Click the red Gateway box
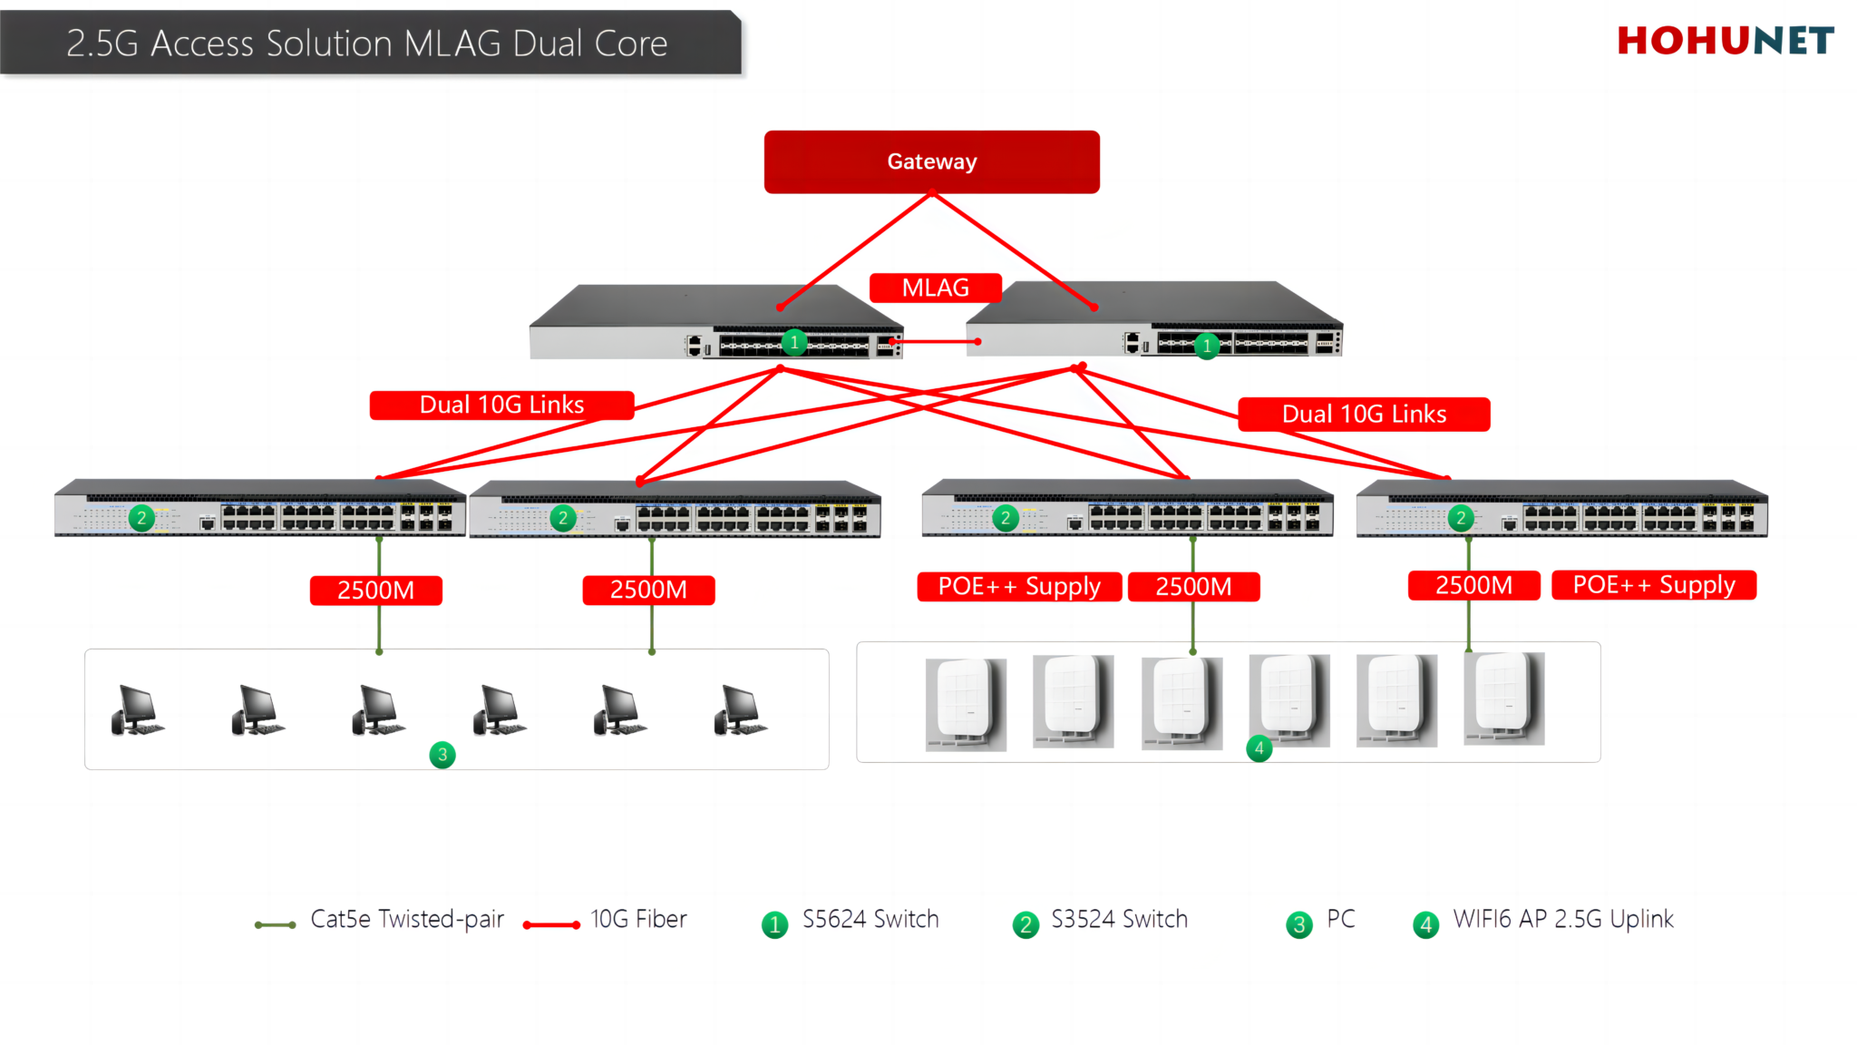(x=931, y=161)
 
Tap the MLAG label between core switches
(x=935, y=288)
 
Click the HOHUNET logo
(x=1725, y=41)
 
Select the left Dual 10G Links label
(x=501, y=405)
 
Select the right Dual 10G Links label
(x=1364, y=415)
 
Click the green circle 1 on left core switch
(x=794, y=342)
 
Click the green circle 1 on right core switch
(x=1207, y=346)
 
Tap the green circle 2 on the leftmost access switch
(x=141, y=518)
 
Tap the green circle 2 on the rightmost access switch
(x=1460, y=518)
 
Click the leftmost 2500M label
(x=375, y=591)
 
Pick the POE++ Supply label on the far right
(x=1653, y=585)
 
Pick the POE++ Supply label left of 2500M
(x=1019, y=587)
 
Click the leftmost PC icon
(x=137, y=710)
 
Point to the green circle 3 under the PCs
(x=442, y=755)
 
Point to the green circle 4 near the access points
(x=1259, y=748)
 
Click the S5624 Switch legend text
(x=870, y=920)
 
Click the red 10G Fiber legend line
(x=551, y=925)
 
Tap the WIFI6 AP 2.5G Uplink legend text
(x=1562, y=920)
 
